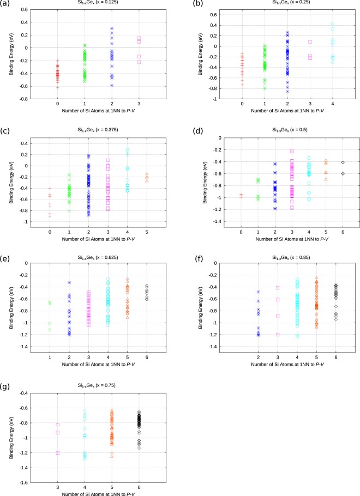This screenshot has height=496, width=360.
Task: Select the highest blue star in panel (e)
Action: (x=69, y=282)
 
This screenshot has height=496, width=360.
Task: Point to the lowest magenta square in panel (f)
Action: (x=278, y=335)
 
